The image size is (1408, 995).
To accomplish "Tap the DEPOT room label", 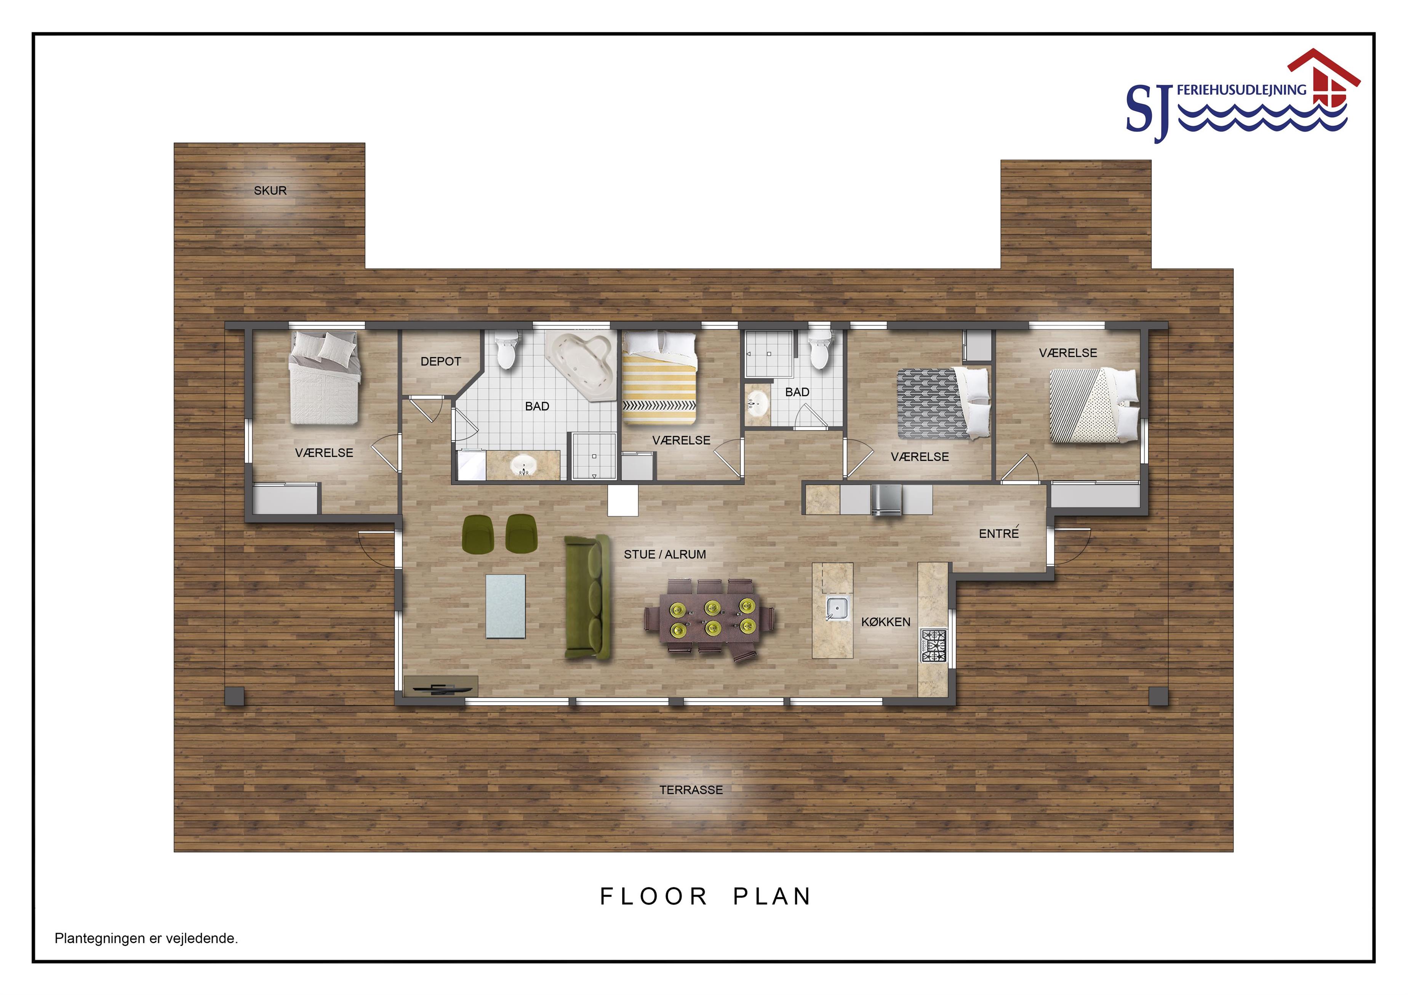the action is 440,362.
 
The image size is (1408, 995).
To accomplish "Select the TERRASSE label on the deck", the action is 691,790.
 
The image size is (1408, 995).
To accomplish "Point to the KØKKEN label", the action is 885,622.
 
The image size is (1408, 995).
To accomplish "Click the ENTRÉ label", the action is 998,533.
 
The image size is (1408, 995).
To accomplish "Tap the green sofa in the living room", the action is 587,598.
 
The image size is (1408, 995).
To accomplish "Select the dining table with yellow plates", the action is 709,618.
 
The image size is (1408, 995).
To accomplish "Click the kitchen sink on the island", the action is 837,608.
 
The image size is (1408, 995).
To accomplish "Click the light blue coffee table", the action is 505,606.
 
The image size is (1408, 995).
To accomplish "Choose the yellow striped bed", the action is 659,378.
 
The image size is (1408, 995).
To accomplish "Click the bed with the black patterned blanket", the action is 944,403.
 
